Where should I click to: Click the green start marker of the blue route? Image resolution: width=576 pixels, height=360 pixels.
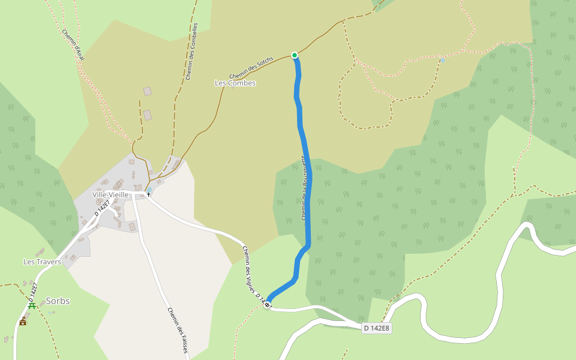click(x=295, y=55)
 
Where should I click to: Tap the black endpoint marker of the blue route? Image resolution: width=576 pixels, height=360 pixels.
click(x=267, y=305)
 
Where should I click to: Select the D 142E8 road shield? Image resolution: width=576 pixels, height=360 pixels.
click(x=377, y=328)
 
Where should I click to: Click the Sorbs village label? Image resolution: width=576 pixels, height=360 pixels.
click(x=58, y=301)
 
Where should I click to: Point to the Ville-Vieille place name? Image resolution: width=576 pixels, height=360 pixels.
click(x=110, y=195)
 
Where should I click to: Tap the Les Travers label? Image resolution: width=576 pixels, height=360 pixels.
click(x=42, y=262)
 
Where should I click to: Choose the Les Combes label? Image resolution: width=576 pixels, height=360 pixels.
click(x=235, y=83)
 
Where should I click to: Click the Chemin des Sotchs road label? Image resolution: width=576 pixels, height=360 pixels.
click(x=251, y=68)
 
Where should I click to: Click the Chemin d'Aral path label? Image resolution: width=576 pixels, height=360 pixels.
click(x=73, y=45)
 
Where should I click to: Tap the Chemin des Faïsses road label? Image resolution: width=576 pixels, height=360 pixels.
click(x=178, y=330)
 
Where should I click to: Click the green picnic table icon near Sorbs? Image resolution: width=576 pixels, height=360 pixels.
click(x=32, y=305)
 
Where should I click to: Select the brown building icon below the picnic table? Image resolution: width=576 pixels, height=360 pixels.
click(x=23, y=321)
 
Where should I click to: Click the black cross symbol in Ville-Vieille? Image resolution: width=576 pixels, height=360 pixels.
click(x=148, y=195)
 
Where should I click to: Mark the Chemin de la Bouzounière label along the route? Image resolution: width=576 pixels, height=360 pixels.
click(x=304, y=189)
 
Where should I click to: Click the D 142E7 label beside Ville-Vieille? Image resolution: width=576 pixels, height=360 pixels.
click(x=103, y=208)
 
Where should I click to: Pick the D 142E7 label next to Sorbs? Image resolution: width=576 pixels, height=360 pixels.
click(x=33, y=292)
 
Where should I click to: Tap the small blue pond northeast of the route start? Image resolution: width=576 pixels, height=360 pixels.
click(x=443, y=60)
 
